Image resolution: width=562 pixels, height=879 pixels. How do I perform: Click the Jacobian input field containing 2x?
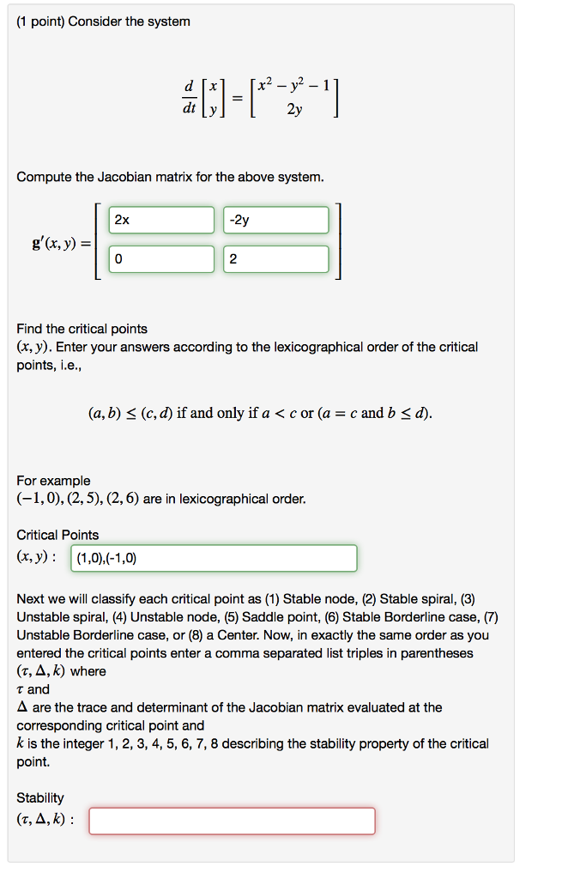pos(161,220)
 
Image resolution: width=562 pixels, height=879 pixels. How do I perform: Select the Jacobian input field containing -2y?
pos(275,220)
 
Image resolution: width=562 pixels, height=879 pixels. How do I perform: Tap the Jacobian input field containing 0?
pos(161,259)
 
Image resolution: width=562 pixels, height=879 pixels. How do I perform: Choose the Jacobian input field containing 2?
pos(275,259)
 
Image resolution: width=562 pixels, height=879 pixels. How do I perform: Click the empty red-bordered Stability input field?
pos(232,821)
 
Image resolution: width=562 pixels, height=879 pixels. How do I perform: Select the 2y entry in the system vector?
pos(293,110)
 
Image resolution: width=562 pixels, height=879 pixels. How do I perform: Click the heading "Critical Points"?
pos(57,535)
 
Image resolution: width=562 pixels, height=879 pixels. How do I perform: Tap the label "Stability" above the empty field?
pos(40,797)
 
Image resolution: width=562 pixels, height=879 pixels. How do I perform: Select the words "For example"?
pos(53,481)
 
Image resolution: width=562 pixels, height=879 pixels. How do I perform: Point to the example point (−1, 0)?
pos(40,499)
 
